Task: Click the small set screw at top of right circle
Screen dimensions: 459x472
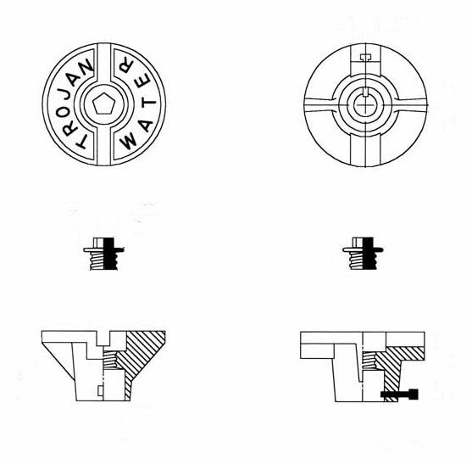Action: [365, 58]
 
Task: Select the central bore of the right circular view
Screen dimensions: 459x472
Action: [365, 105]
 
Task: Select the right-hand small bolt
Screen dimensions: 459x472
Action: [364, 254]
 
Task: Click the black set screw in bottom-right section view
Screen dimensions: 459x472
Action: [400, 394]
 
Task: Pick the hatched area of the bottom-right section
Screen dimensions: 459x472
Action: [397, 361]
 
